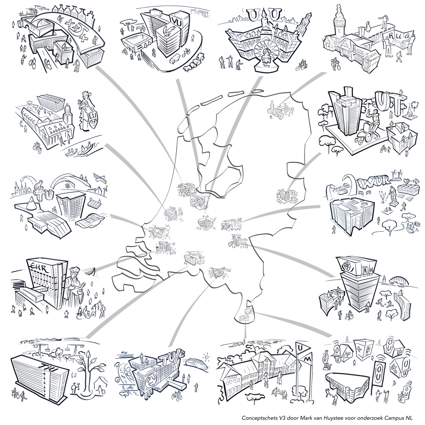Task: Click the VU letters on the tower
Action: [177, 20]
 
